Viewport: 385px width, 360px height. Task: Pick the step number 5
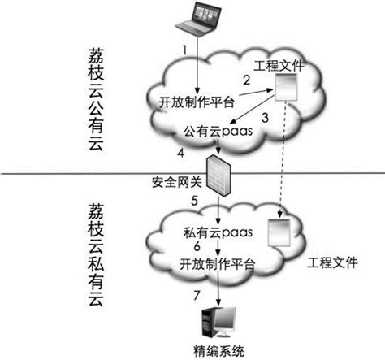[193, 199]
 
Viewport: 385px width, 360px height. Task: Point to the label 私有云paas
[215, 232]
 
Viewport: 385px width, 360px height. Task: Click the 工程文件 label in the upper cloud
[279, 64]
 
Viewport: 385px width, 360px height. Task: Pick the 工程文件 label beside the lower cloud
[333, 263]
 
